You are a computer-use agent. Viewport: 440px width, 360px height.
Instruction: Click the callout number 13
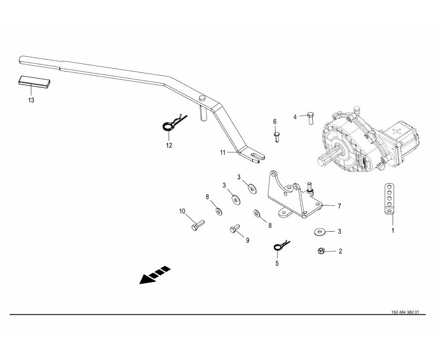(31, 101)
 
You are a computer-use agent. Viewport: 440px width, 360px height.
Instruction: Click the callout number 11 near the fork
(222, 153)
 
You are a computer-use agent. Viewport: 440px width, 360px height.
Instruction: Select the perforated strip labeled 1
(390, 198)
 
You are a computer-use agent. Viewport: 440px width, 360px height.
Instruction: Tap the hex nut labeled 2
(321, 250)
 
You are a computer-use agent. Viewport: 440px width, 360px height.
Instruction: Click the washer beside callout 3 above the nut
(319, 232)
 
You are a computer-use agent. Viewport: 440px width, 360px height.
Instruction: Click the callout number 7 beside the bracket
(339, 206)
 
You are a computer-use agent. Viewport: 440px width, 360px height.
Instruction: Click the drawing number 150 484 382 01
(405, 312)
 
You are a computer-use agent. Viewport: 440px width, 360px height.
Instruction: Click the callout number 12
(169, 145)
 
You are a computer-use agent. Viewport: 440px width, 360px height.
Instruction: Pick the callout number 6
(275, 122)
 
